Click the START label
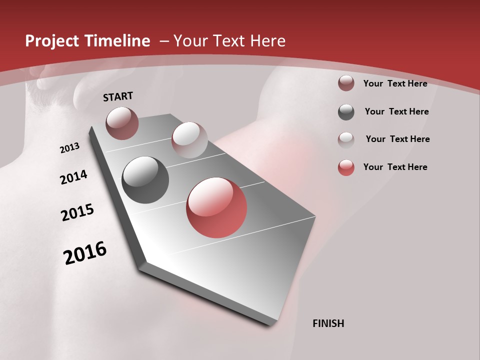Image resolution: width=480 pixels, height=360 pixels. (x=118, y=96)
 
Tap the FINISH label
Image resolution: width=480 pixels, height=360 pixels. (x=328, y=323)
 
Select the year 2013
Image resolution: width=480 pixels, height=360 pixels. (x=69, y=148)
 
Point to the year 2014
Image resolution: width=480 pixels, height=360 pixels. (x=73, y=177)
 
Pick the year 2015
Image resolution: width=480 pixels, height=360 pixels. (x=77, y=212)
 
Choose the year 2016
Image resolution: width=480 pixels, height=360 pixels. (x=85, y=253)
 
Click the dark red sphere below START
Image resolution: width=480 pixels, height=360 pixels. (x=122, y=123)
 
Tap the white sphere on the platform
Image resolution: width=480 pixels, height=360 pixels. (x=189, y=140)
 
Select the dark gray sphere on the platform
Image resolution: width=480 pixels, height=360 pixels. (x=145, y=180)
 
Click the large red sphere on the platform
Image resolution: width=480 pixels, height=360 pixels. (x=216, y=207)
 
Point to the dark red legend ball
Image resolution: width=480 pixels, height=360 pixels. (x=346, y=83)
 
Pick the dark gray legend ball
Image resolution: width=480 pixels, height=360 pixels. (x=346, y=112)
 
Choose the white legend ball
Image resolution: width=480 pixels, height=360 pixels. (x=346, y=139)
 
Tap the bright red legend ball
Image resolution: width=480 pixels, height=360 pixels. (x=346, y=167)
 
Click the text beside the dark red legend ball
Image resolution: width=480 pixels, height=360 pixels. (x=395, y=83)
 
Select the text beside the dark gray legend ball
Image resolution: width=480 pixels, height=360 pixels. (x=396, y=111)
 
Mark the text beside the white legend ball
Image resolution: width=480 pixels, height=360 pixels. (x=397, y=139)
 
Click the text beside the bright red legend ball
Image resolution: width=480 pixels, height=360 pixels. (x=395, y=167)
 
